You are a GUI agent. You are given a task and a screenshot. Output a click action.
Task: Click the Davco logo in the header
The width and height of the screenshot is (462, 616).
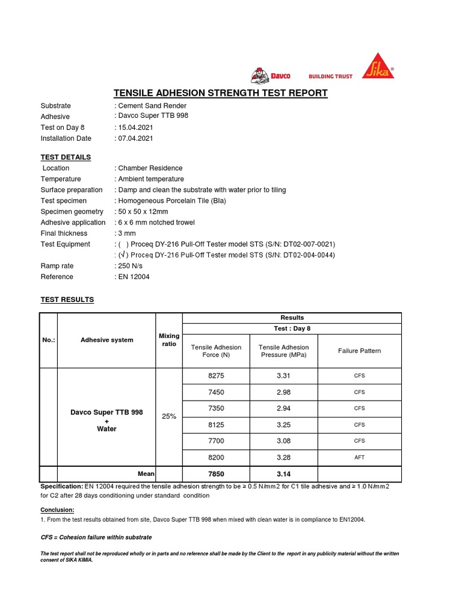(x=271, y=75)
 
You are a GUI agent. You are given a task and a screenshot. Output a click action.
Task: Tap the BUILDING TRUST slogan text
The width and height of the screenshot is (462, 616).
(x=330, y=76)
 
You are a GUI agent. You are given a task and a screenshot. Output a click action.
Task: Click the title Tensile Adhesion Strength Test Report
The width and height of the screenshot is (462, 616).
(x=221, y=93)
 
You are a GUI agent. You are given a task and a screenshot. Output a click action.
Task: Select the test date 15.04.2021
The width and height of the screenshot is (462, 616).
(x=135, y=128)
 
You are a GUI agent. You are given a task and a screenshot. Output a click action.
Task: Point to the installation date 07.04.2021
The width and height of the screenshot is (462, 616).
(x=135, y=138)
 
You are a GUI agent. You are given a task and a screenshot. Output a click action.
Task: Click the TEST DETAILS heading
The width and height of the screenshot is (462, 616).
(x=66, y=157)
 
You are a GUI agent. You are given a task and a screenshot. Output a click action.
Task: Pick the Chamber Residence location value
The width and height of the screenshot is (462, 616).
(x=150, y=168)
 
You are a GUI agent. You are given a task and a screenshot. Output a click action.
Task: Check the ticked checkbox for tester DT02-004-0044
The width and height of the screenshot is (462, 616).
(x=123, y=255)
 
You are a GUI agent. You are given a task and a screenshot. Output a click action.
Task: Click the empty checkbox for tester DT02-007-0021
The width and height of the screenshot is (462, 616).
(x=123, y=244)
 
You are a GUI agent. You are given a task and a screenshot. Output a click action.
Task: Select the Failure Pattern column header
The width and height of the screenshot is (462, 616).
(x=359, y=351)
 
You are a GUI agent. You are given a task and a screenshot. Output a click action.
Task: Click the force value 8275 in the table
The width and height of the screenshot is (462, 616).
(x=216, y=376)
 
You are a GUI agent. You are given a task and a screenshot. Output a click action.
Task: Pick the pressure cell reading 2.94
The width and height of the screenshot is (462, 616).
(x=283, y=408)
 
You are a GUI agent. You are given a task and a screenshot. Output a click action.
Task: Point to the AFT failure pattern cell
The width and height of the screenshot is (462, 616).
(x=359, y=457)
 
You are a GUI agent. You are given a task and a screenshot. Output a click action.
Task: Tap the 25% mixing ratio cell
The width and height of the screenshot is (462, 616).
(x=168, y=416)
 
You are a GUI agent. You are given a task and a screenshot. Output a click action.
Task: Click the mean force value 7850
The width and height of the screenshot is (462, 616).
(x=216, y=474)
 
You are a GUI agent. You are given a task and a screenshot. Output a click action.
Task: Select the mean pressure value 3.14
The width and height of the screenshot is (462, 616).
(x=283, y=474)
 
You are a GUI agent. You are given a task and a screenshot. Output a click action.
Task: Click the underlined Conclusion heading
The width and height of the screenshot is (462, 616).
(x=57, y=510)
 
